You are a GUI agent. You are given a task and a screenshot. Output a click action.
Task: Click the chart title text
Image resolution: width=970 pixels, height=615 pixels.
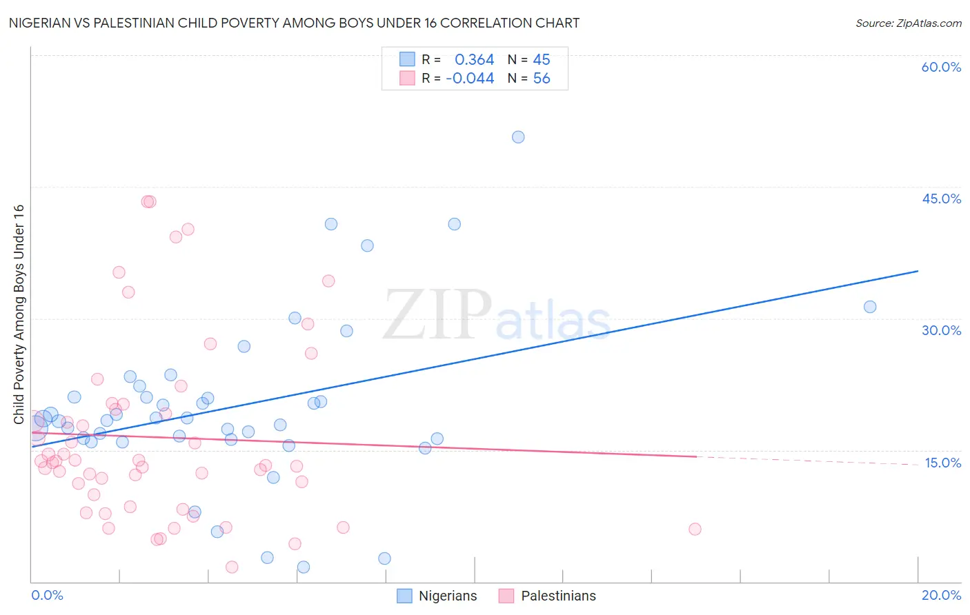tap(294, 23)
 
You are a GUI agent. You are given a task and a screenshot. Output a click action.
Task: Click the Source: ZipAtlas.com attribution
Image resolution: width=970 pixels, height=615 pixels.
tap(908, 23)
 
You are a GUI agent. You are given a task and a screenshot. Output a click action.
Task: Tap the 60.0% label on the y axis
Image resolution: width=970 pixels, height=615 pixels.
tap(941, 67)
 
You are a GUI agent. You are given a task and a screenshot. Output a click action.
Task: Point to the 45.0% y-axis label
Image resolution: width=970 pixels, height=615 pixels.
tap(941, 199)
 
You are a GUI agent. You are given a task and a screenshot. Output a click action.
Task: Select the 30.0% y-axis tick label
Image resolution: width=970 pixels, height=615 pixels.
tap(941, 330)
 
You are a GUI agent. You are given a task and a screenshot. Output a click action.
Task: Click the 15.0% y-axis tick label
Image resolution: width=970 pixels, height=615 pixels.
tap(942, 463)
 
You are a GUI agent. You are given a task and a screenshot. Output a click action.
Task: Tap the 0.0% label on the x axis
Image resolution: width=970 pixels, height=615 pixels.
tap(47, 595)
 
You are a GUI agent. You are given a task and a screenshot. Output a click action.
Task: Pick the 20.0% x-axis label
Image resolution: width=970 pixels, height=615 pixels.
tap(941, 595)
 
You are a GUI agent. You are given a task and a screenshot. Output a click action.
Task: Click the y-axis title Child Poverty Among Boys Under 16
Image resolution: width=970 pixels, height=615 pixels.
tap(19, 314)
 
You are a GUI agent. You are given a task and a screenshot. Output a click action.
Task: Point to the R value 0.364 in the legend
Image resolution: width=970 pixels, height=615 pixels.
tap(474, 60)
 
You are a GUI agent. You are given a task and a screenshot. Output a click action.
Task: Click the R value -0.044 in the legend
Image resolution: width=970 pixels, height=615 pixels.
tap(470, 79)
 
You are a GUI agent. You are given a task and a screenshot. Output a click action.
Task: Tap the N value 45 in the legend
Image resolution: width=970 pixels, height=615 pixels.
tap(542, 60)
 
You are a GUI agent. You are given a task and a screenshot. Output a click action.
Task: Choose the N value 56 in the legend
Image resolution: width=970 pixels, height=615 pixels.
tap(542, 79)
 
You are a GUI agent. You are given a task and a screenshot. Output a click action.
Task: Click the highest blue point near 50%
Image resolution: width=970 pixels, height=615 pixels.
tap(518, 137)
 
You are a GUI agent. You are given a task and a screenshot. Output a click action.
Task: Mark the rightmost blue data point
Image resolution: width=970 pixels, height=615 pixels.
tap(870, 307)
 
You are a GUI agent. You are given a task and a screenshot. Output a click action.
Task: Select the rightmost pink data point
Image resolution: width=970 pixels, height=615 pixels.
tap(695, 529)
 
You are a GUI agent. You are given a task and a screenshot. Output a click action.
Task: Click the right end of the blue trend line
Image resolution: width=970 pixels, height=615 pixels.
tap(918, 271)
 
